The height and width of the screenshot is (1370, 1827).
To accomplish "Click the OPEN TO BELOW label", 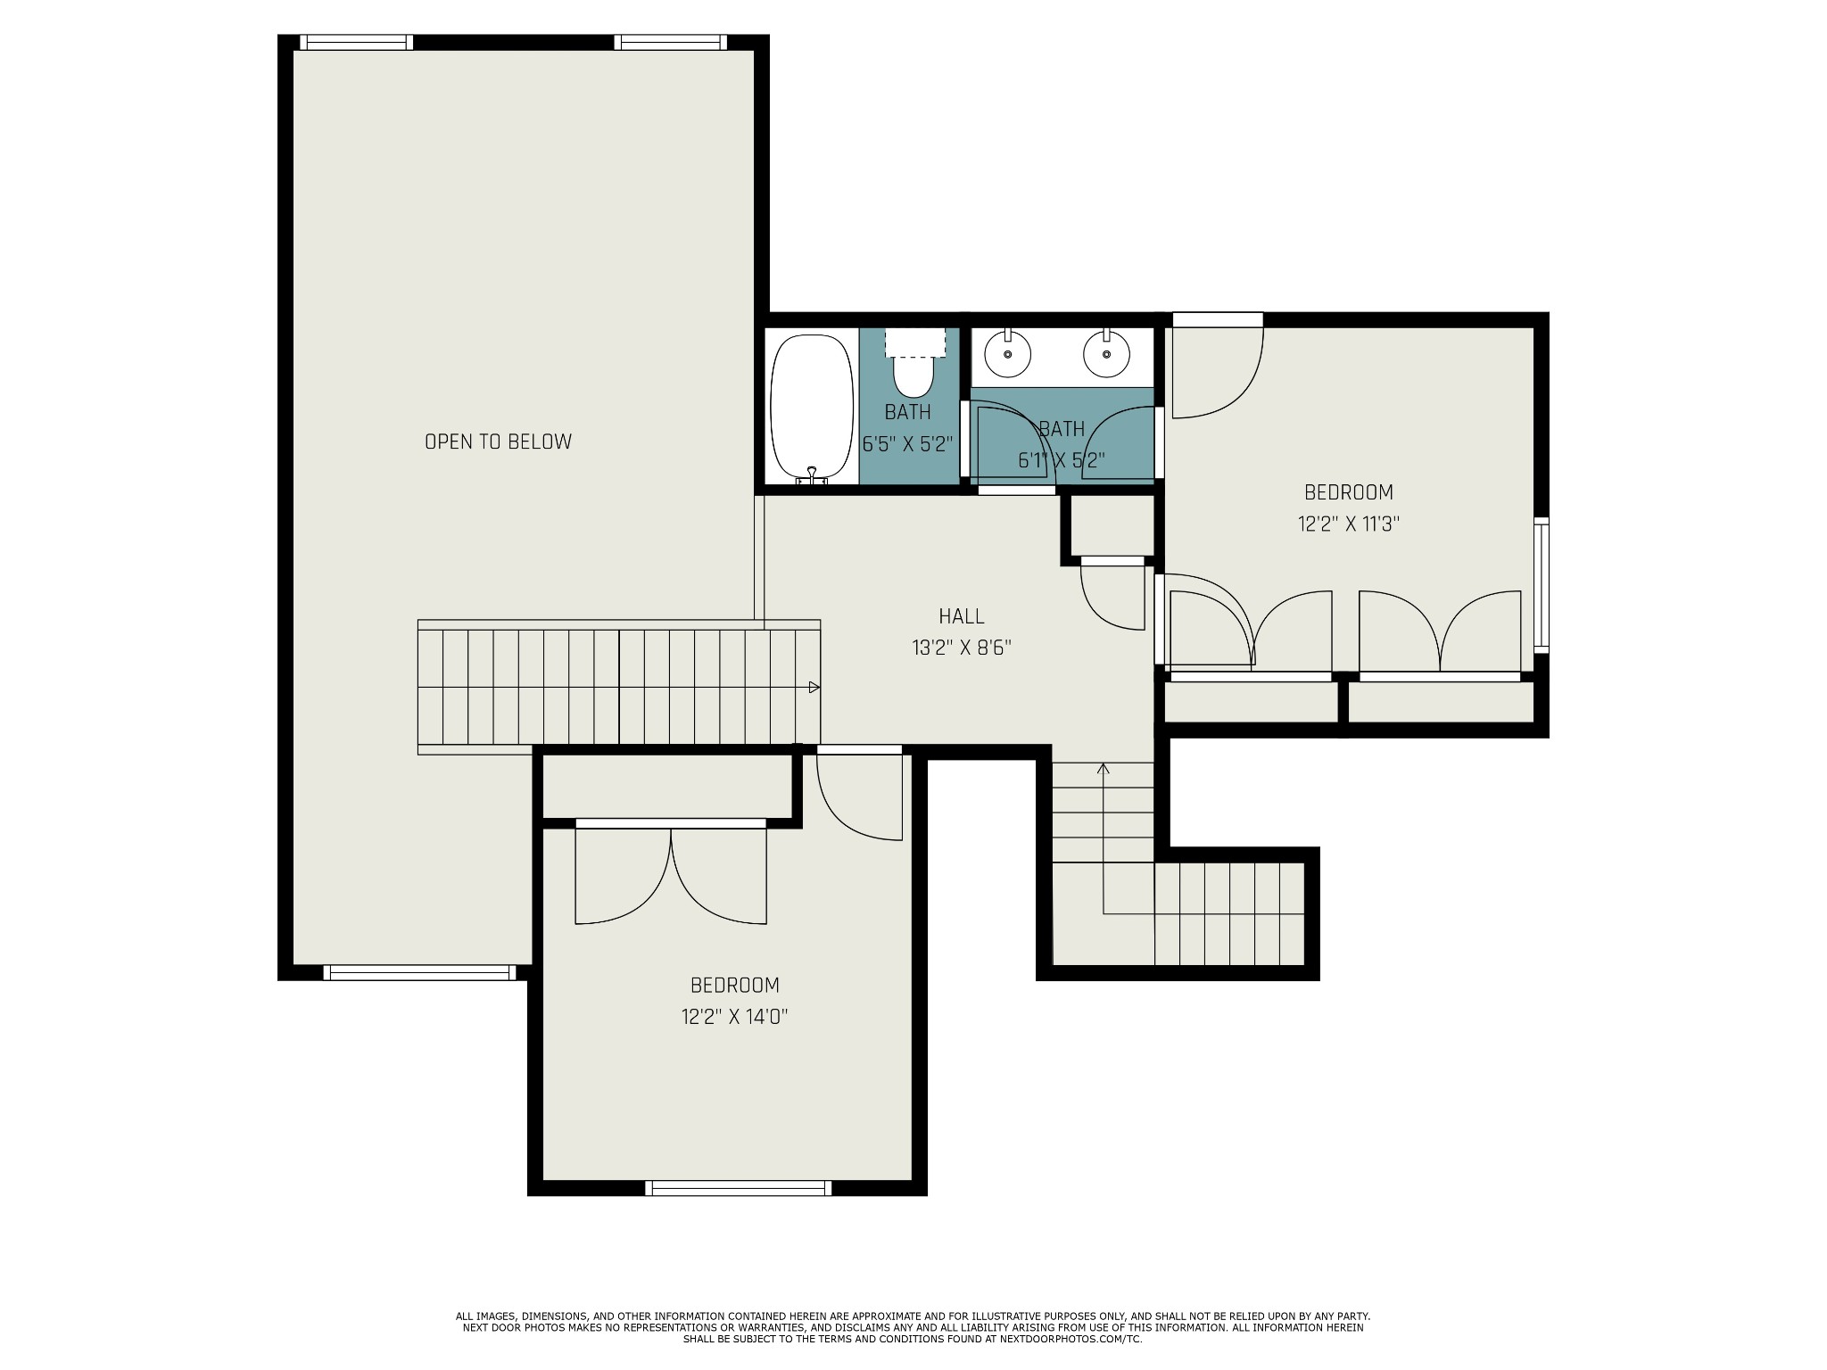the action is [498, 442].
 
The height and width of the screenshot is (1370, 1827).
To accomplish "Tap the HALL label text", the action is [962, 616].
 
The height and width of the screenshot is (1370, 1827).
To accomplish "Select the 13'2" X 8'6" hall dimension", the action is [962, 648].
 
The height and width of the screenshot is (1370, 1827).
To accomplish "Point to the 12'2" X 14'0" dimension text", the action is [734, 1017].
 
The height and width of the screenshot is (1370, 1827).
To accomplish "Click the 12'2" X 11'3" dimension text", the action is [1348, 524].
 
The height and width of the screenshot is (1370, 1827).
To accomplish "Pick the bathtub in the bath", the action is [812, 409].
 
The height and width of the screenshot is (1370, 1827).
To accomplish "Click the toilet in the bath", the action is [913, 365].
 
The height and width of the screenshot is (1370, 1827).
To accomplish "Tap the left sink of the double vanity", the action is [1008, 353].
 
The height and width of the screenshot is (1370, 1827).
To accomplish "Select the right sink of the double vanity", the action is [1106, 353].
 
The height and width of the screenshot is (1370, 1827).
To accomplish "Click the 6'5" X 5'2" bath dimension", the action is [908, 444].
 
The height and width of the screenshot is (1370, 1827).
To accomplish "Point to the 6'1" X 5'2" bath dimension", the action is [1062, 460].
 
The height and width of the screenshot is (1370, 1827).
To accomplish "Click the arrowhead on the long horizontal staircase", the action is [814, 688].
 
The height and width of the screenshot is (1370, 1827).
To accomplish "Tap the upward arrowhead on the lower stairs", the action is [1104, 768].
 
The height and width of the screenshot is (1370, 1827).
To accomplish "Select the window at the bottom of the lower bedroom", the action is [738, 1188].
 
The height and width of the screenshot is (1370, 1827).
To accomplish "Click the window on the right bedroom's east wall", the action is [1542, 585].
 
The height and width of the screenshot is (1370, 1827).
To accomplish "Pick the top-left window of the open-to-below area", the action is [356, 42].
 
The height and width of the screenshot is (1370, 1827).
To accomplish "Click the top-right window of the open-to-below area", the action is [670, 42].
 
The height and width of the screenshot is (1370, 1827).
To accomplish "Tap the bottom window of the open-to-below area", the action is [419, 972].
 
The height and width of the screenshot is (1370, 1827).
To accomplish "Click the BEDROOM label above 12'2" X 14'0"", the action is [735, 986].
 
